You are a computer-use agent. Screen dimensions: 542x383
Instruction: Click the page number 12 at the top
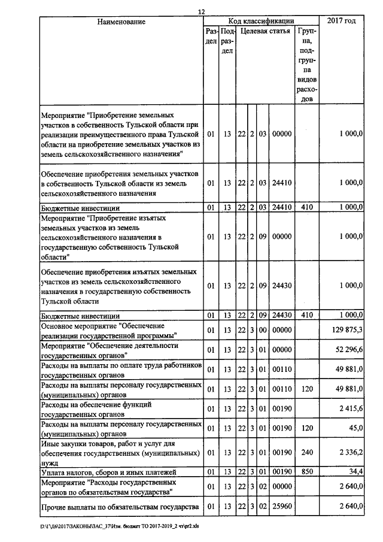pyautogui.click(x=201, y=12)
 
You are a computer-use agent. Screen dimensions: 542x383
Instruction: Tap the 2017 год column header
pyautogui.click(x=342, y=22)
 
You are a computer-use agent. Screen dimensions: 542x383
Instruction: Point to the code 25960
pyautogui.click(x=281, y=508)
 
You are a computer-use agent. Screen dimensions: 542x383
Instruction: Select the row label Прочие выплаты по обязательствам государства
pyautogui.click(x=119, y=508)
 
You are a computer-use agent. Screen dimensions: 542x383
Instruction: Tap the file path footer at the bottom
pyautogui.click(x=119, y=527)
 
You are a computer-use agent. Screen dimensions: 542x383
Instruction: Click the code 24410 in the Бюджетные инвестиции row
pyautogui.click(x=281, y=208)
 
